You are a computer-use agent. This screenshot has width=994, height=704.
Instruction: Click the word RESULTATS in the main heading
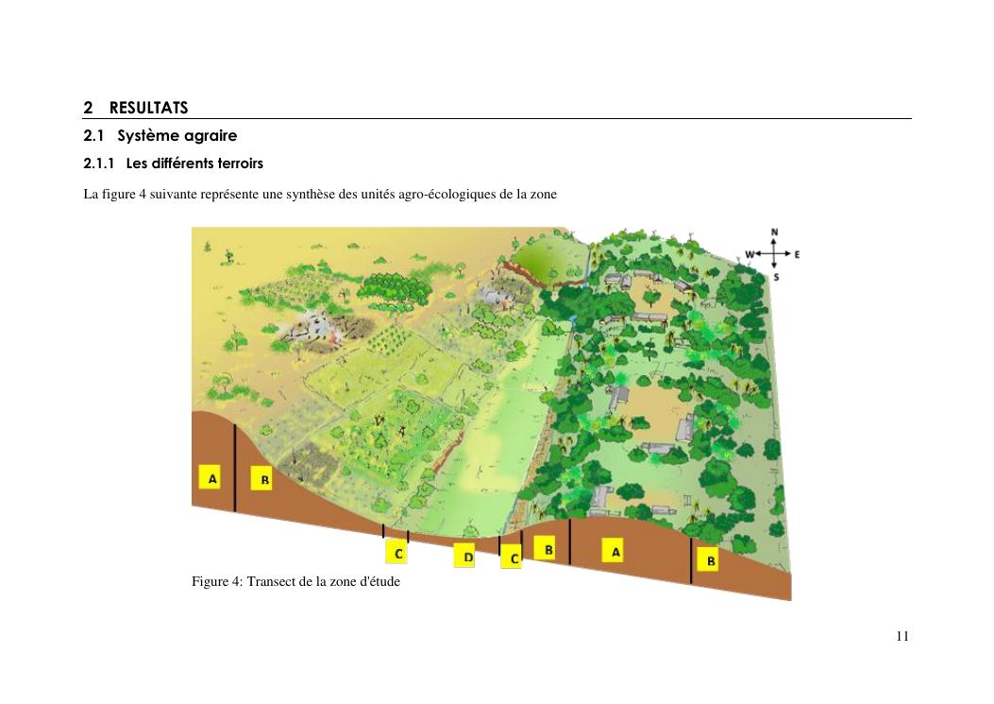tap(148, 108)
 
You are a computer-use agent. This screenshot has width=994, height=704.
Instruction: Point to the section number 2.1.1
tap(99, 163)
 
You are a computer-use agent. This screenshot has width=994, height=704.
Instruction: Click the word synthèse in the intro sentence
tap(310, 195)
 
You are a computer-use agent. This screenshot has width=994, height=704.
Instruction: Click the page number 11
tap(902, 637)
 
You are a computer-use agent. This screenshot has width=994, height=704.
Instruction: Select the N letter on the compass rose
tap(774, 232)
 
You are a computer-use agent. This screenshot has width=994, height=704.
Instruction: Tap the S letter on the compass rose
tap(775, 278)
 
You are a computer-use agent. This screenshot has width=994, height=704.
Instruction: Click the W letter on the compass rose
tap(750, 254)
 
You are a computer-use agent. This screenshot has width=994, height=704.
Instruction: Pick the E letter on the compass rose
tap(797, 254)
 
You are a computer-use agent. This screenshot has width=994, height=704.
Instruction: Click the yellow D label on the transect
tap(464, 557)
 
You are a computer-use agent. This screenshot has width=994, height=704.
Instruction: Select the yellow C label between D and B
tap(512, 558)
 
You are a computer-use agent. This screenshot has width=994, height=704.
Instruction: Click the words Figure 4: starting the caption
tap(217, 581)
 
